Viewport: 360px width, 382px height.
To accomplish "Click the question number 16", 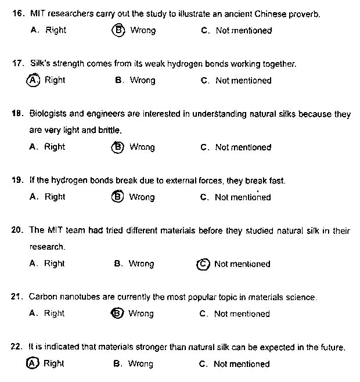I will [x=17, y=12].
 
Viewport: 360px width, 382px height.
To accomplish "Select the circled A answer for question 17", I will [x=33, y=81].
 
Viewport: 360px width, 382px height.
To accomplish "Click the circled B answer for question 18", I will [x=117, y=147].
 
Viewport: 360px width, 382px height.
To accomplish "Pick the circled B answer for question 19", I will [x=117, y=197].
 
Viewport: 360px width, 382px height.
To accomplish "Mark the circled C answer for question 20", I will [x=203, y=264].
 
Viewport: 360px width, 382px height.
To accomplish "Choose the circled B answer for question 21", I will [x=117, y=313].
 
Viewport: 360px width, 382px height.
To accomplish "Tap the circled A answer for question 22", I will [x=33, y=363].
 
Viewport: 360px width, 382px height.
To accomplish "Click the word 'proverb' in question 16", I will [x=304, y=12].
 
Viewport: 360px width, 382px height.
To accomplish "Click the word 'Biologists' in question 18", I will [x=48, y=114].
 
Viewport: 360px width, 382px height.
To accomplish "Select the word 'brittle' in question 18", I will [x=110, y=131].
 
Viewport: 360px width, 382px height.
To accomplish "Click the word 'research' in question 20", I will [x=46, y=247].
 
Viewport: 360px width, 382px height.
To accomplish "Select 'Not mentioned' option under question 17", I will [x=243, y=81].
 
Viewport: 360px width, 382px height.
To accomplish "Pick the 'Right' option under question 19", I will [x=55, y=197].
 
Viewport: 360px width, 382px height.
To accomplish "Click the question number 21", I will [x=17, y=297].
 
